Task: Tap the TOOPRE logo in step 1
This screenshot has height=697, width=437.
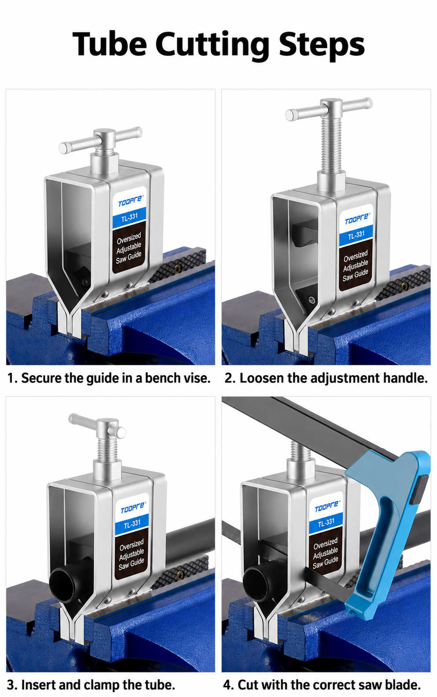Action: click(x=131, y=201)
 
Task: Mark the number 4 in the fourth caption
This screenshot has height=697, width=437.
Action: click(x=228, y=685)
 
